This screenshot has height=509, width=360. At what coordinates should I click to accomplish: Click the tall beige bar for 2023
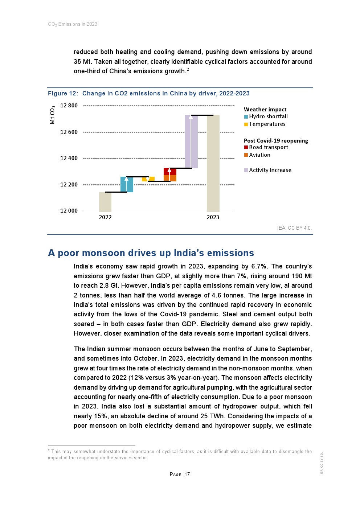click(213, 163)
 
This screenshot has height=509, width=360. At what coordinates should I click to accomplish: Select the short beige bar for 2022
click(105, 202)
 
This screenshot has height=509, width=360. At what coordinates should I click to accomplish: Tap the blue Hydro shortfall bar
click(127, 184)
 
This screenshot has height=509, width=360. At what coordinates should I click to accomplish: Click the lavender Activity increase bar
click(191, 142)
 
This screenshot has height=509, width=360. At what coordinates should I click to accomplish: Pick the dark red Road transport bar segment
click(170, 171)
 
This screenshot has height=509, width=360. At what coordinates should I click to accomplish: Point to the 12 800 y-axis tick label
click(69, 106)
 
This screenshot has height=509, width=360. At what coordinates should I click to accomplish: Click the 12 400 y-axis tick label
click(69, 158)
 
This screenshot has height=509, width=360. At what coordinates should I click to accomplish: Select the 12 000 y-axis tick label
click(69, 211)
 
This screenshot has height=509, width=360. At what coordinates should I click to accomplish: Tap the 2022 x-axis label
click(105, 217)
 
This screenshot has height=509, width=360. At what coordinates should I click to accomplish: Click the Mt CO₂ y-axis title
click(53, 115)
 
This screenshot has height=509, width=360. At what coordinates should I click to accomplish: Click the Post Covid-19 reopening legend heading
click(276, 141)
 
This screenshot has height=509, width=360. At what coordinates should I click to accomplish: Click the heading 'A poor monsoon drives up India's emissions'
click(151, 253)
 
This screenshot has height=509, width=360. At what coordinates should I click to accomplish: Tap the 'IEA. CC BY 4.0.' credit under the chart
click(294, 228)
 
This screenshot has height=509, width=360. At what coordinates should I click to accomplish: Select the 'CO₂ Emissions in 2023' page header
click(73, 24)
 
